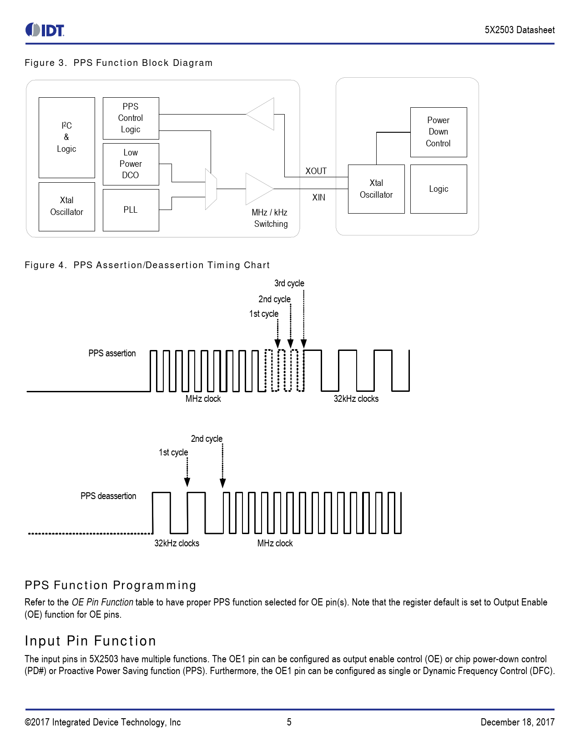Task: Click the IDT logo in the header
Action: click(x=45, y=30)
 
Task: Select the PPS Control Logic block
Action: click(x=131, y=118)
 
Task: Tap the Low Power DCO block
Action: click(x=131, y=164)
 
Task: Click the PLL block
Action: click(x=131, y=210)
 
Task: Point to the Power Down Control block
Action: click(x=438, y=132)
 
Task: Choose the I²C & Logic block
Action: click(x=66, y=137)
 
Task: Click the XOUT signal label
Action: click(x=316, y=171)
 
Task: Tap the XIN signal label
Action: click(x=318, y=197)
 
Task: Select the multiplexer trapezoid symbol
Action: click(x=211, y=189)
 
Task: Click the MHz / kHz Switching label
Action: click(x=270, y=218)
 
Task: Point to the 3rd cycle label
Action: click(x=289, y=283)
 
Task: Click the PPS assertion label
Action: click(x=112, y=353)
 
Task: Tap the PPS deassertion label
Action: click(x=108, y=496)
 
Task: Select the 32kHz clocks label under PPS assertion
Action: click(x=356, y=399)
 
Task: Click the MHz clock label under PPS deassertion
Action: click(x=275, y=543)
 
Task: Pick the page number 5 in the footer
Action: click(x=289, y=722)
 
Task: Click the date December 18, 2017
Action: click(x=517, y=722)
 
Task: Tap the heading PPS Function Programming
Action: click(x=111, y=585)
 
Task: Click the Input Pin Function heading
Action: click(x=91, y=641)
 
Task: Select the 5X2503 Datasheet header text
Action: click(x=519, y=30)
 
